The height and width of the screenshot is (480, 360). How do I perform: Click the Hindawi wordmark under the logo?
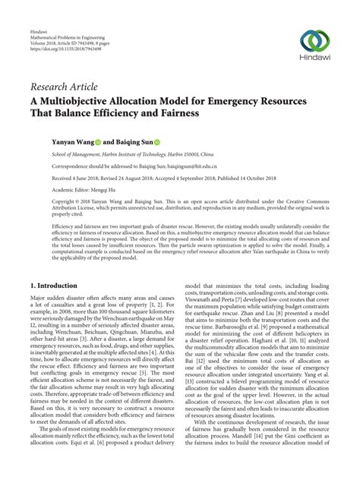tap(315, 58)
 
